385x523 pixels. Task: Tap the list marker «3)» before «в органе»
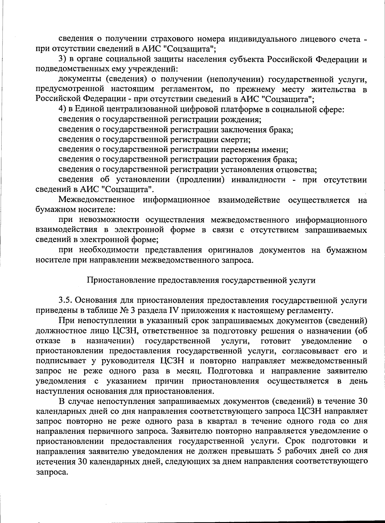(63, 60)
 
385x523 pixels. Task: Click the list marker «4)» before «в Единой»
(63, 110)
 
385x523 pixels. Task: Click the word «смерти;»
(236, 139)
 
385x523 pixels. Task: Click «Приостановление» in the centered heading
(120, 280)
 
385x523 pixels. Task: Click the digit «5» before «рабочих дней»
(278, 451)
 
